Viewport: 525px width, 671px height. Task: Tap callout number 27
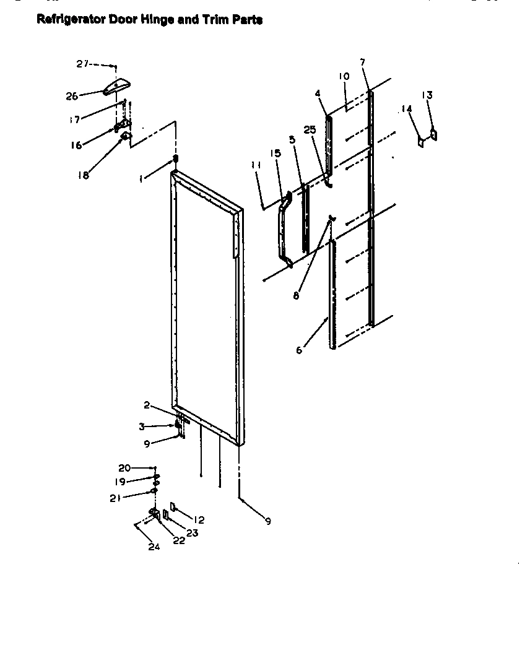tap(83, 63)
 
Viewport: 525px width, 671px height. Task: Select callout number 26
tap(72, 96)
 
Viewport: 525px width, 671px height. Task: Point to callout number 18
tap(83, 175)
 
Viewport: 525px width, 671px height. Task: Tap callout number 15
tap(276, 154)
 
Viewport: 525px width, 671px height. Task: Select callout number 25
tap(310, 129)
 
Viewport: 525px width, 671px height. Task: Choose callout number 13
tap(427, 95)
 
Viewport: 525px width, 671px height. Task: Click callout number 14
tap(406, 108)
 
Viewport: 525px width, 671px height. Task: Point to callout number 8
tap(296, 296)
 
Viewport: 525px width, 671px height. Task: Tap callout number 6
tap(299, 350)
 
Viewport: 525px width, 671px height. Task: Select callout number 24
tap(154, 547)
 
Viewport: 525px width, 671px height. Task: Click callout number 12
tap(199, 520)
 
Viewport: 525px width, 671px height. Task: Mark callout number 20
tap(124, 467)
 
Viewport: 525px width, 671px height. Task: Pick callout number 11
tap(256, 165)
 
